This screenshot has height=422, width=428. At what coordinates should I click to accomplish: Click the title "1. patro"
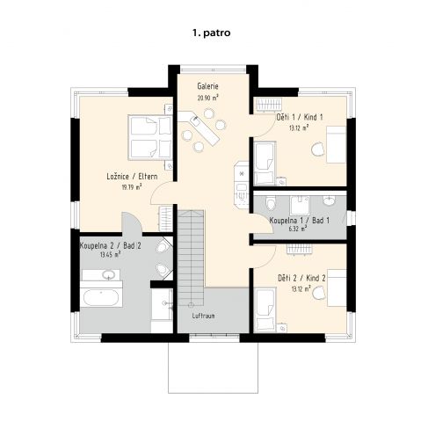click(x=211, y=33)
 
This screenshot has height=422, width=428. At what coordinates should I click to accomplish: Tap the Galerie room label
click(x=207, y=86)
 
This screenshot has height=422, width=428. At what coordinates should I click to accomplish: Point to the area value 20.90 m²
click(x=208, y=98)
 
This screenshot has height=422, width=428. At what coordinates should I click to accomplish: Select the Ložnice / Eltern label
click(x=132, y=177)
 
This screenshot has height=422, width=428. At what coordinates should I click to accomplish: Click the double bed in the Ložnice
click(x=149, y=137)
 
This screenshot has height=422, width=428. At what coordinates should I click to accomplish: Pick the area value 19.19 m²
click(x=132, y=187)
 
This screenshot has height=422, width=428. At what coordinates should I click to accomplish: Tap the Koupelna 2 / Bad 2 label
click(x=111, y=245)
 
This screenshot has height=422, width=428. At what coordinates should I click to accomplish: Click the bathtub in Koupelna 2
click(x=101, y=297)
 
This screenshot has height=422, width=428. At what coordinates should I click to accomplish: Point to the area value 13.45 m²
click(x=111, y=255)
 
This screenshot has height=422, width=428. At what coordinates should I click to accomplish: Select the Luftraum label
click(x=203, y=316)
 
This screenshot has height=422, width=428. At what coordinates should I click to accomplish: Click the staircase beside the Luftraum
click(x=191, y=258)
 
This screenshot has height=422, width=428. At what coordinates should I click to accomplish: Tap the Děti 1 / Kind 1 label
click(x=300, y=117)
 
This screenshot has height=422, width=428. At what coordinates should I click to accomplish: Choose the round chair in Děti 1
click(x=318, y=149)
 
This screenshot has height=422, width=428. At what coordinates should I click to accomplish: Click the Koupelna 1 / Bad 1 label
click(x=299, y=221)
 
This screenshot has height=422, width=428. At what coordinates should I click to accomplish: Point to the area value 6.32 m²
click(x=298, y=229)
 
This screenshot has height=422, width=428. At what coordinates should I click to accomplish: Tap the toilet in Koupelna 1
click(x=271, y=203)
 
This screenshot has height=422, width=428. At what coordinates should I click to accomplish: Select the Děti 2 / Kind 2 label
click(x=301, y=278)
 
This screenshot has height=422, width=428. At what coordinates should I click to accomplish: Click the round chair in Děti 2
click(x=319, y=293)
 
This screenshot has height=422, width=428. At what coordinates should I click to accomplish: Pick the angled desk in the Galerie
click(x=199, y=127)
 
